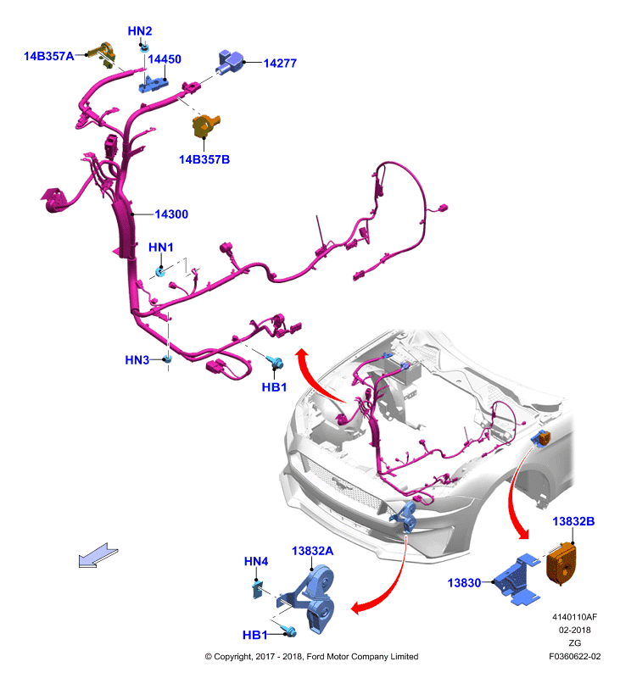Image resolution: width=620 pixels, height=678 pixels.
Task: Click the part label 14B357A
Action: tap(49, 56)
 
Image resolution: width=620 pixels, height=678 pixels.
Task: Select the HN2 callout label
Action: tap(140, 31)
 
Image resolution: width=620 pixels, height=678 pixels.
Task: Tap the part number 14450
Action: tap(165, 59)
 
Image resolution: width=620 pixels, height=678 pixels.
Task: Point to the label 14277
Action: tap(280, 64)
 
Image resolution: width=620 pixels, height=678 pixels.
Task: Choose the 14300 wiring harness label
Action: tap(171, 214)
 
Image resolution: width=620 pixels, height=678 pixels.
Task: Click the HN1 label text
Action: tap(161, 247)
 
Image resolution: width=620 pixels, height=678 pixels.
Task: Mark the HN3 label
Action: tap(137, 360)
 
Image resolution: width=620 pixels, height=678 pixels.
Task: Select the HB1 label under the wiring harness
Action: tap(274, 387)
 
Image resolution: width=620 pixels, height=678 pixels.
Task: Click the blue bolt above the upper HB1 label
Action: tap(275, 363)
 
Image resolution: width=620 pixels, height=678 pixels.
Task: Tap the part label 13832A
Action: tap(312, 552)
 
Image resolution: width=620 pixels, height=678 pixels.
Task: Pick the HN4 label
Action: tap(256, 562)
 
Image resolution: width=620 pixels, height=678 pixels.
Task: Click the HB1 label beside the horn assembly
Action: tap(254, 635)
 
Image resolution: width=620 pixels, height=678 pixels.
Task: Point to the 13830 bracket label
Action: tap(464, 583)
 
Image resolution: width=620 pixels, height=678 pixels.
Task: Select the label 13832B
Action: tap(573, 521)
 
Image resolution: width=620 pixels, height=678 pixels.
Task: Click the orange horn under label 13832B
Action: tap(561, 564)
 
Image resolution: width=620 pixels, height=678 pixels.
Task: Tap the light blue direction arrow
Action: tap(98, 555)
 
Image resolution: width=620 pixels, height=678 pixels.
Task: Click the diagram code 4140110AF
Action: tap(574, 617)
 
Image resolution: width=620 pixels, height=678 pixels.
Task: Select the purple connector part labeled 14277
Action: tap(229, 62)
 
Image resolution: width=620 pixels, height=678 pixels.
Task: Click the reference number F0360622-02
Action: tap(575, 656)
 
